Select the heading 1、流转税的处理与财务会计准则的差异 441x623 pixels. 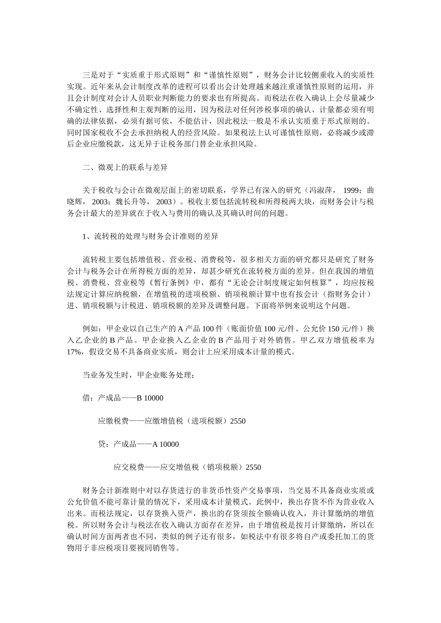coord(150,236)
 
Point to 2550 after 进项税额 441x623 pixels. coord(238,421)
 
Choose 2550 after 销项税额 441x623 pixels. coord(253,467)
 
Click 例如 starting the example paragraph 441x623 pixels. coord(90,329)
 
